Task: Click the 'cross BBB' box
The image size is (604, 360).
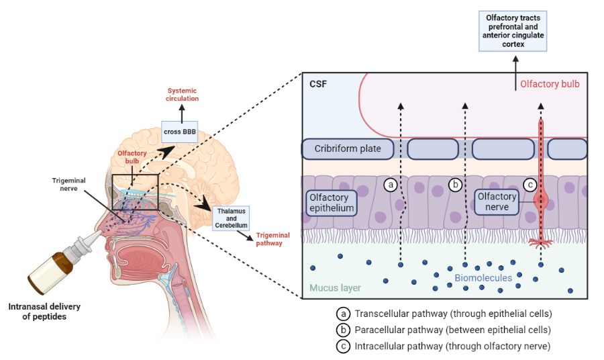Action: click(x=179, y=132)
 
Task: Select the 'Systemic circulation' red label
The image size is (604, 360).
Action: click(x=183, y=95)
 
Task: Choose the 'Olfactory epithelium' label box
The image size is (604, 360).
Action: click(x=330, y=203)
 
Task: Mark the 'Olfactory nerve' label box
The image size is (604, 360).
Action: click(x=497, y=201)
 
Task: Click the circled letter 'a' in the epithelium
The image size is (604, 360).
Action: click(x=391, y=184)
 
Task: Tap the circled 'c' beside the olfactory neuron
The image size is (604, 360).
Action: click(x=530, y=184)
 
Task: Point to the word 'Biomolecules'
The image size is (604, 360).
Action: click(x=483, y=277)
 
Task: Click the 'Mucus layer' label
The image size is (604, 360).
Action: click(x=335, y=288)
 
